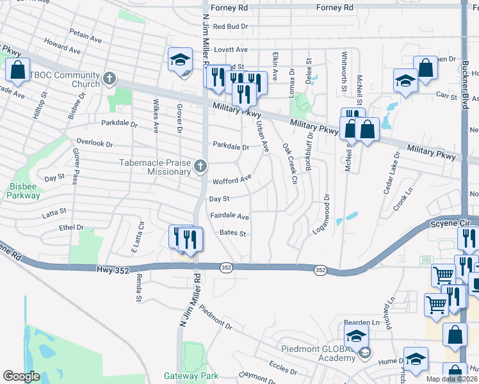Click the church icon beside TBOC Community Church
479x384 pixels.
[110, 79]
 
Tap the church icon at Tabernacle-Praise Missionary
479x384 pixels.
[200, 167]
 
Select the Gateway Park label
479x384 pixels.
[191, 376]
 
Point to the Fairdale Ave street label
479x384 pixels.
[229, 217]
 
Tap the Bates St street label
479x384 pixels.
[232, 234]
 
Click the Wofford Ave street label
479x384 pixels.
[232, 181]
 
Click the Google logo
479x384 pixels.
[21, 376]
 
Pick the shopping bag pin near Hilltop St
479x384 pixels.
[18, 69]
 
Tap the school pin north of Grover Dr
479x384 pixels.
[181, 60]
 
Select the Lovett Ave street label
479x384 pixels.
[231, 49]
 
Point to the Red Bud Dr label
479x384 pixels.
[230, 26]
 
